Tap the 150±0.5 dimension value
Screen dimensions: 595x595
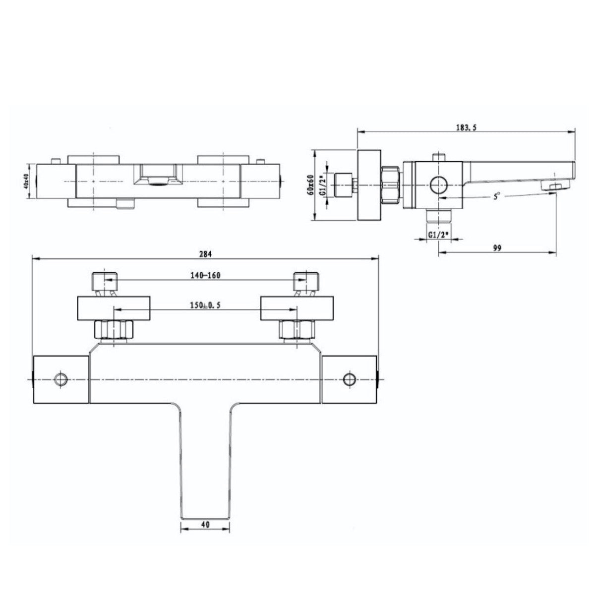(205, 305)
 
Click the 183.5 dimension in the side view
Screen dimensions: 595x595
(466, 127)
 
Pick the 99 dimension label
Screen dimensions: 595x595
(497, 247)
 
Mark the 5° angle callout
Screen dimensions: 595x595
(496, 196)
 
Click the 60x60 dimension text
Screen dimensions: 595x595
(311, 185)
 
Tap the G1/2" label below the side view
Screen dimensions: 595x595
(438, 235)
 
